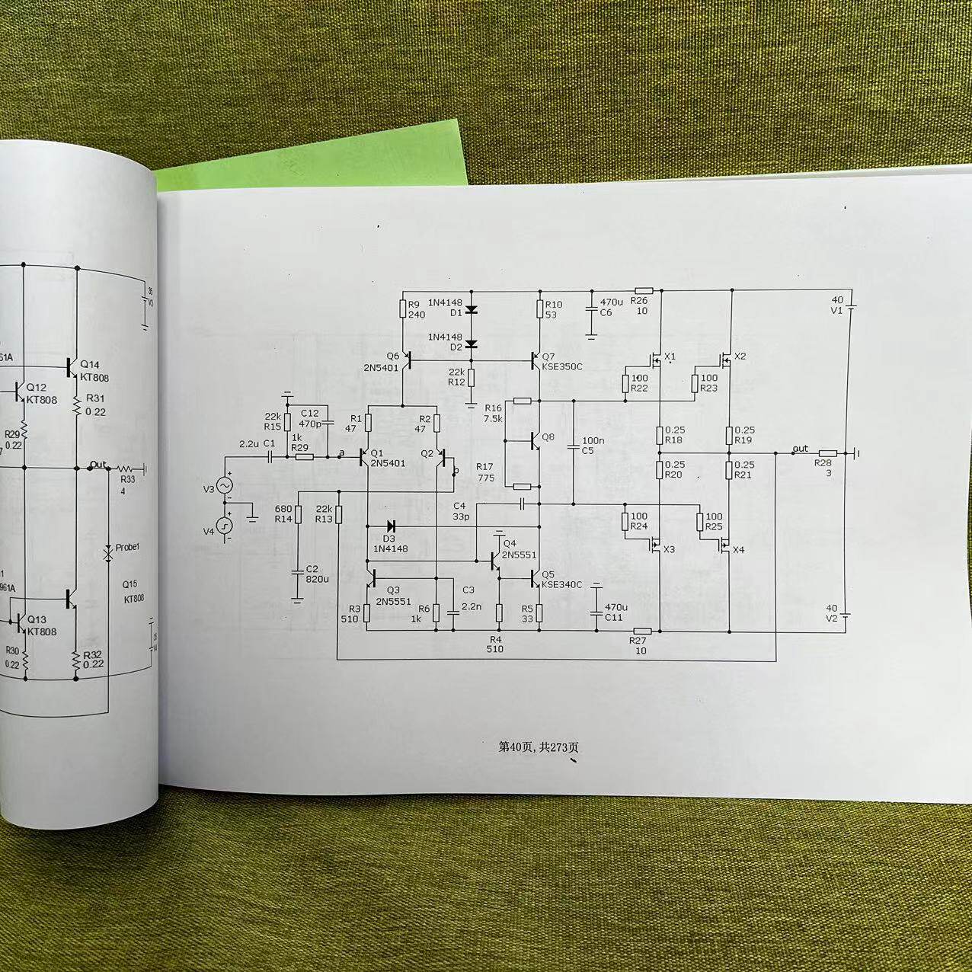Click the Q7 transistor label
click(548, 356)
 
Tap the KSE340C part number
click(561, 585)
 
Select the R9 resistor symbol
click(403, 309)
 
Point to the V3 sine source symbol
click(225, 485)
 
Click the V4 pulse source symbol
click(225, 525)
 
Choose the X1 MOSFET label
click(670, 357)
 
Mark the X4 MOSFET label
click(738, 550)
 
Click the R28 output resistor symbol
click(827, 453)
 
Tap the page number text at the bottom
click(539, 747)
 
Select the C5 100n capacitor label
click(593, 446)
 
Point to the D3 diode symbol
click(391, 526)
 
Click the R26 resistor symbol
click(644, 290)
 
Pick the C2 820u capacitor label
click(312, 574)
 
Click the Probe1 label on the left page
click(127, 548)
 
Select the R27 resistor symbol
click(642, 631)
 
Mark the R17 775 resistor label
click(485, 472)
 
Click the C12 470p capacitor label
click(310, 418)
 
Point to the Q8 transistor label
click(548, 437)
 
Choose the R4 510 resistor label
click(495, 644)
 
